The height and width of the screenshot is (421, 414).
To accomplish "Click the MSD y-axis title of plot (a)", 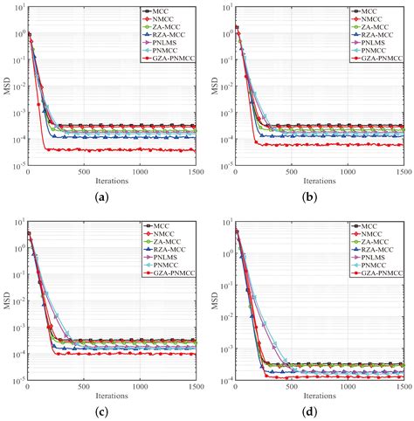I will (x=8, y=90).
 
